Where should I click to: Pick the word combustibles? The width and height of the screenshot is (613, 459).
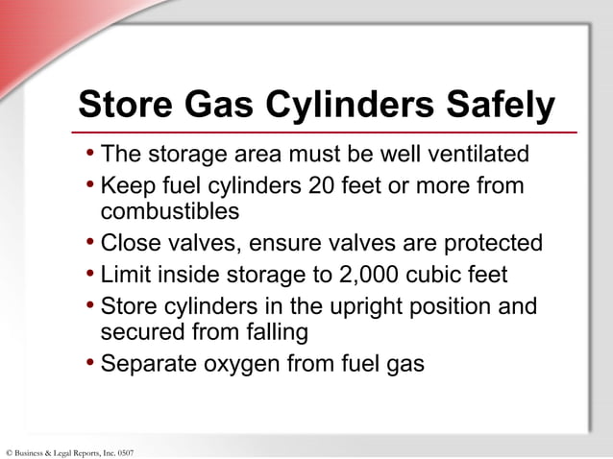coord(169,210)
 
